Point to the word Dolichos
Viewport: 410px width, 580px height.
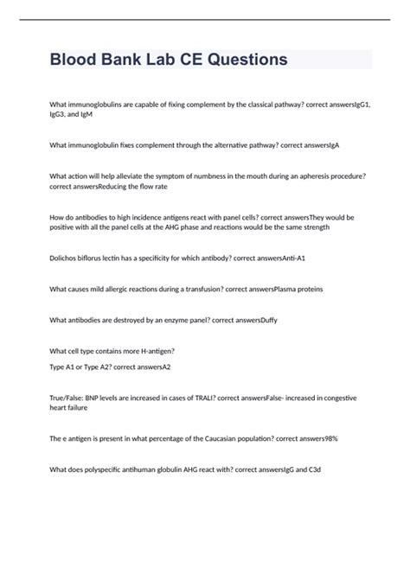pos(67,258)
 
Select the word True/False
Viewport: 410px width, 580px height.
pos(68,398)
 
